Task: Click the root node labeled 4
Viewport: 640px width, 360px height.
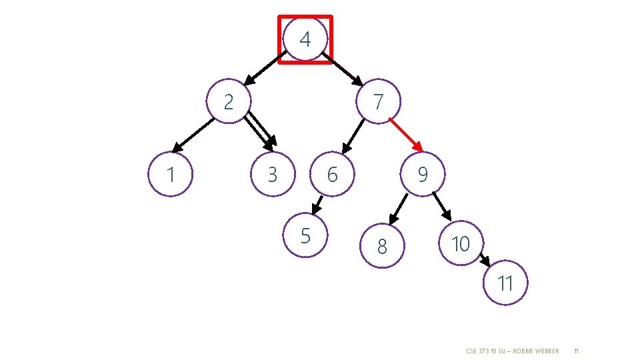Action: tap(305, 39)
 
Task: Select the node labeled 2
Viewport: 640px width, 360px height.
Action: tap(229, 102)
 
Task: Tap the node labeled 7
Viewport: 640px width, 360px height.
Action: tap(379, 102)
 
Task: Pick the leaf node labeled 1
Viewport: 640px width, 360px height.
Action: tap(171, 175)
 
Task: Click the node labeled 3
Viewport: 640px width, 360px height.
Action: tap(272, 175)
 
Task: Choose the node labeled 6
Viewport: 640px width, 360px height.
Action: tap(332, 175)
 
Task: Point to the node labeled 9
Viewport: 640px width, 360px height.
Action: tap(422, 175)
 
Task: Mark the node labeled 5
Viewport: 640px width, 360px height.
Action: tap(305, 235)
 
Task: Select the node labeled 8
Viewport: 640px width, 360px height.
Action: tap(381, 247)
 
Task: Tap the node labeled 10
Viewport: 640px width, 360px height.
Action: tap(460, 244)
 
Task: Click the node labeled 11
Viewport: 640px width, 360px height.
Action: tap(505, 283)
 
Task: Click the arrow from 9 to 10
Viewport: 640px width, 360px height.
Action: tap(441, 206)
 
